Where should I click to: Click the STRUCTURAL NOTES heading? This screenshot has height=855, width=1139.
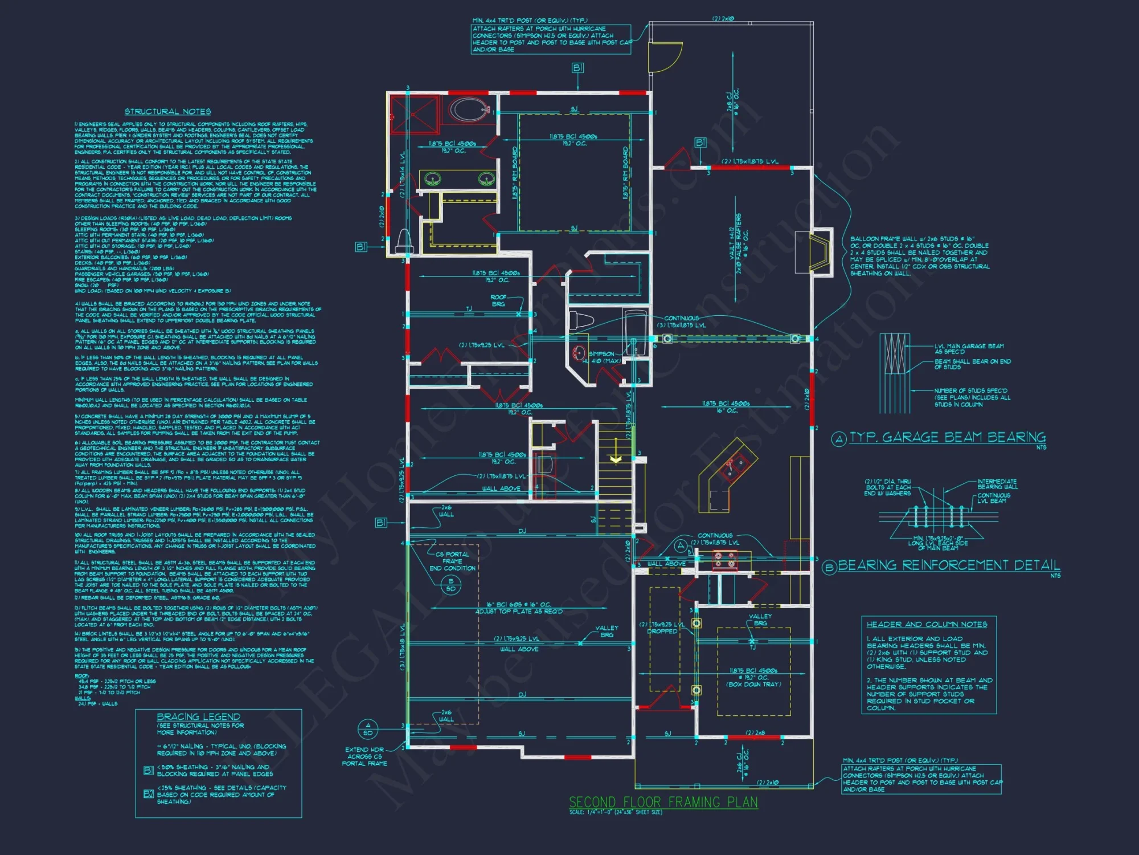pos(167,112)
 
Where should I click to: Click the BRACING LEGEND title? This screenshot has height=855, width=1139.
pos(198,716)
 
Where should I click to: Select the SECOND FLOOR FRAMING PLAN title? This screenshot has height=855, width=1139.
pos(663,802)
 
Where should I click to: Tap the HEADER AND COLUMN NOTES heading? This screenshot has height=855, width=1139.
pos(927,624)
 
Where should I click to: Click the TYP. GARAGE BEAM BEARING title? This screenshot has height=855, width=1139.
pos(947,437)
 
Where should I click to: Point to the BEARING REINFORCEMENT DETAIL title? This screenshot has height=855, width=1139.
pos(949,565)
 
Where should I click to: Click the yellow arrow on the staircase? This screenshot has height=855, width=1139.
pos(616,459)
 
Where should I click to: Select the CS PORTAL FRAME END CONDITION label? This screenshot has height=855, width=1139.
pos(452,561)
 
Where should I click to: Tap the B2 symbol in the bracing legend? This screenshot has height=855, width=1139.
pos(149,793)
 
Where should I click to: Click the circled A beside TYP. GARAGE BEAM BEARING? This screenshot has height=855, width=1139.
pos(838,439)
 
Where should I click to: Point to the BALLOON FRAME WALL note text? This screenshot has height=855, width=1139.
pos(919,256)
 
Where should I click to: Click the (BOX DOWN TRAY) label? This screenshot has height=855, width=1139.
pos(753,684)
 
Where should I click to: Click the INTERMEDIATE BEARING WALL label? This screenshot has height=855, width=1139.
pos(997,484)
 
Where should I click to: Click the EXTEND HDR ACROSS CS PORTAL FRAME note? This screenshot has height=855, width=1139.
pos(364,756)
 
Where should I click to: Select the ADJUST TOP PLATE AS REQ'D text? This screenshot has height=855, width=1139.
pos(519,612)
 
